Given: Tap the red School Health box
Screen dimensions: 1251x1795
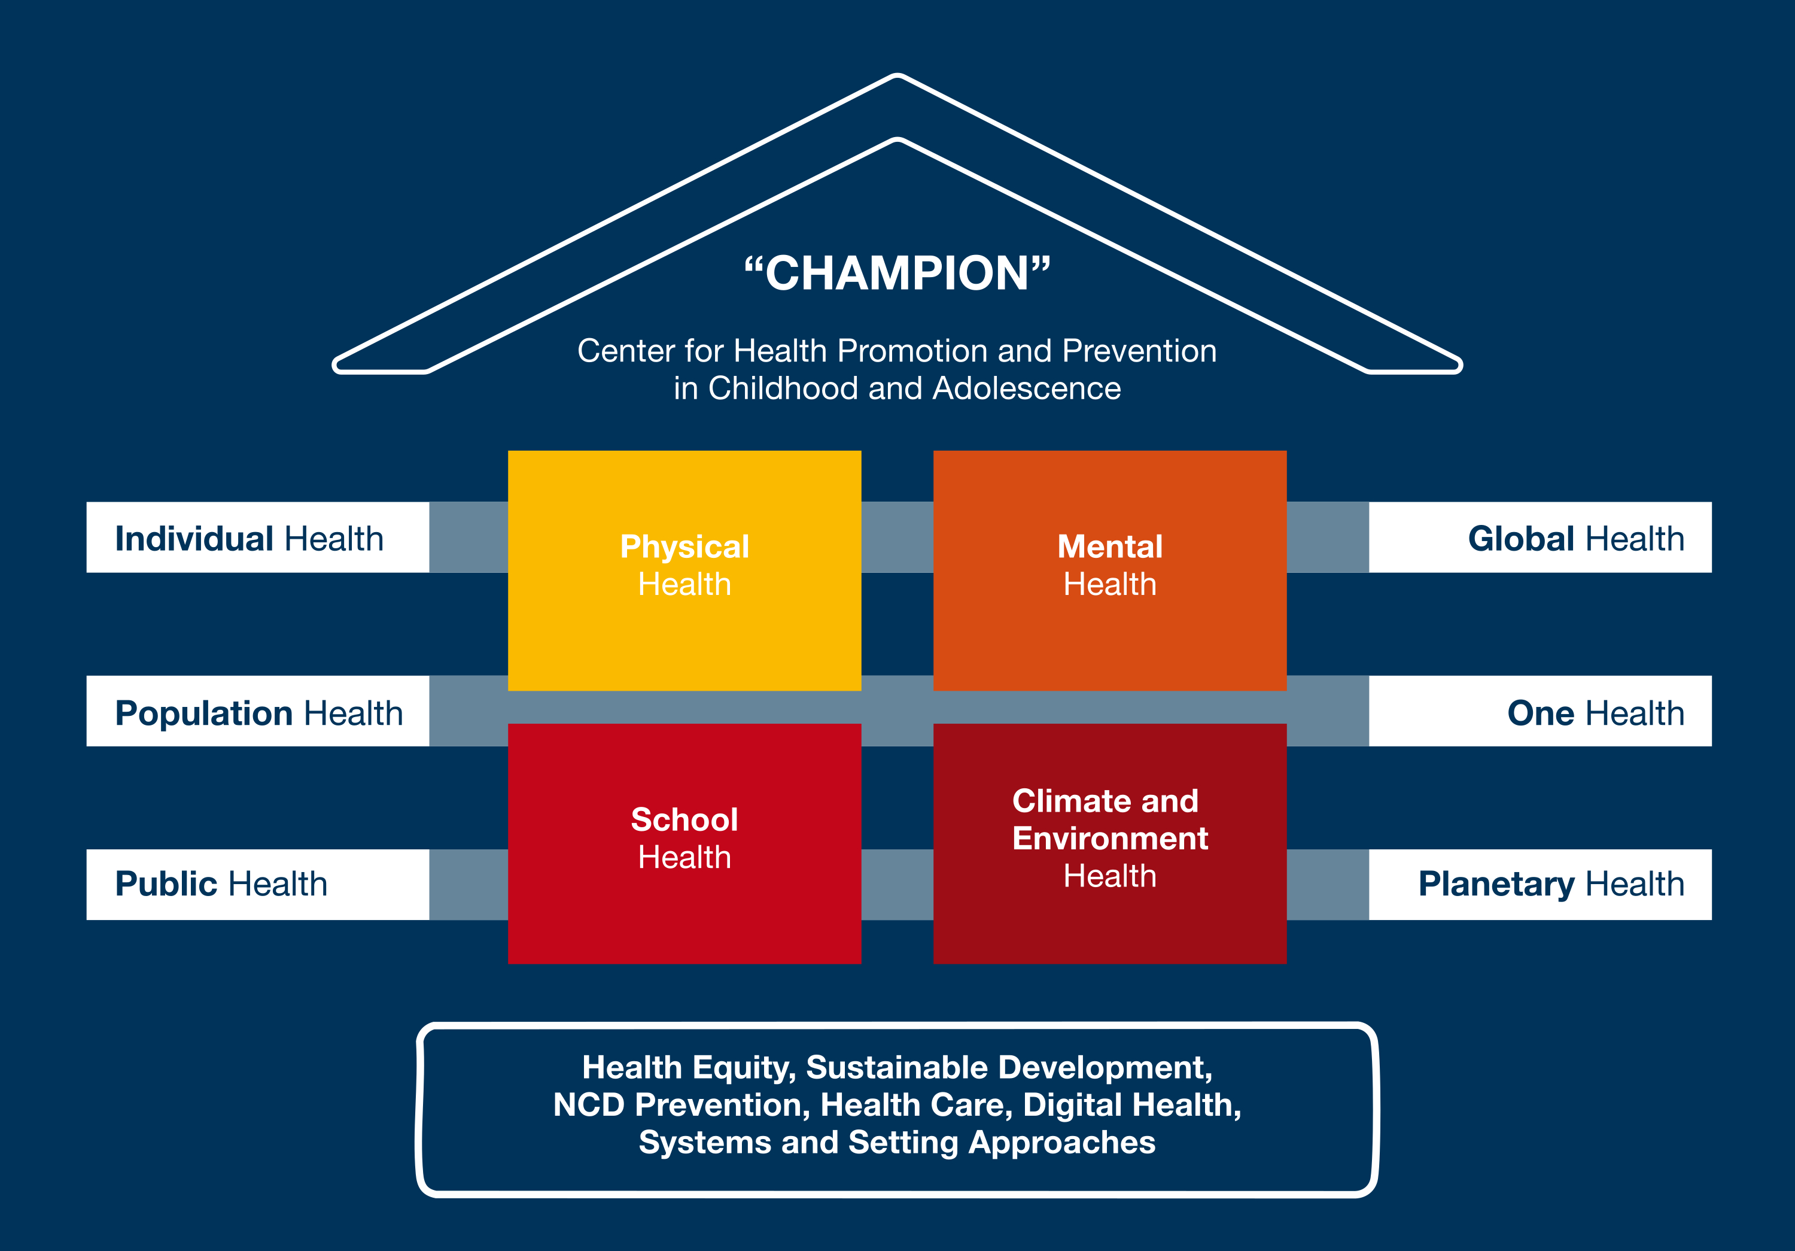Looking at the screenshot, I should (x=684, y=843).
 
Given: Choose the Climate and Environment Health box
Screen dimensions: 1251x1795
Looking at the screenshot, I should (x=1109, y=843).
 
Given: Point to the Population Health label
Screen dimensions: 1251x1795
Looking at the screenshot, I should (x=258, y=712).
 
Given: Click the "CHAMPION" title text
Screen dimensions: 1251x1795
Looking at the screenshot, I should (x=897, y=274).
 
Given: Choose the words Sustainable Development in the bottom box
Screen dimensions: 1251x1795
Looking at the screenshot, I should (x=1008, y=1067).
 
